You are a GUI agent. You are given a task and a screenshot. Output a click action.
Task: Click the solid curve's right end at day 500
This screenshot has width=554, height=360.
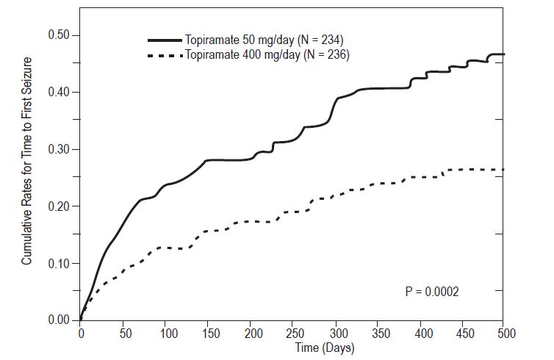(503, 54)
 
